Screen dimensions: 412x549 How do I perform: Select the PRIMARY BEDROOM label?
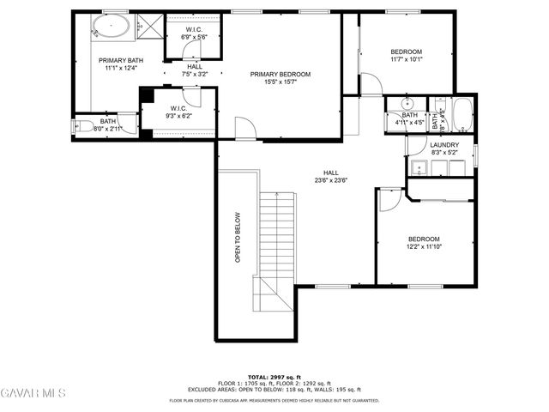280,75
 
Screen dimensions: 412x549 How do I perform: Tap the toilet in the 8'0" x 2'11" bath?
88,128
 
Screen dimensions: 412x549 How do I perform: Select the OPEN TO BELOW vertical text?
238,237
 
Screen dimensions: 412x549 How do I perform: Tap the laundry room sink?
420,167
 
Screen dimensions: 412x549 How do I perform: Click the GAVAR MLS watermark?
33,393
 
